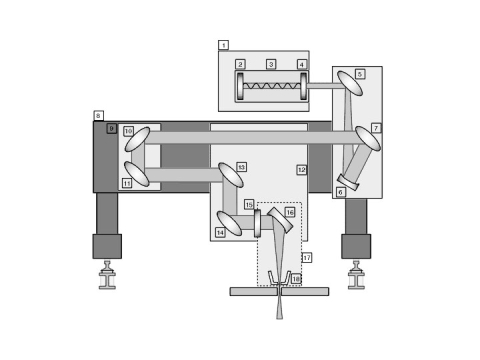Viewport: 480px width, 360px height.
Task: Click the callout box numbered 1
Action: pyautogui.click(x=223, y=45)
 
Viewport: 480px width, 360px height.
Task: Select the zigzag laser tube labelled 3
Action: pyautogui.click(x=271, y=86)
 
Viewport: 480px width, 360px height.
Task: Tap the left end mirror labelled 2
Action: pyautogui.click(x=240, y=86)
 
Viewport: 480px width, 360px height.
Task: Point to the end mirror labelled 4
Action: pyautogui.click(x=301, y=86)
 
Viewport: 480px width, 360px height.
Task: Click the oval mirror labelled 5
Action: pyautogui.click(x=349, y=81)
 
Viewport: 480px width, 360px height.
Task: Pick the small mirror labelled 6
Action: pyautogui.click(x=349, y=181)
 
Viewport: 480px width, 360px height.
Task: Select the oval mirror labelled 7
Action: pyautogui.click(x=367, y=138)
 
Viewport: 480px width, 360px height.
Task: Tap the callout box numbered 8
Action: pyautogui.click(x=98, y=116)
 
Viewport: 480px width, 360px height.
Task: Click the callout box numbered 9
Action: pyautogui.click(x=112, y=129)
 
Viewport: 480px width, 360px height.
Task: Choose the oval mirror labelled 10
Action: pyautogui.click(x=138, y=139)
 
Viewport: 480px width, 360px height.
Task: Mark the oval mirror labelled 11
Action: pyautogui.click(x=137, y=175)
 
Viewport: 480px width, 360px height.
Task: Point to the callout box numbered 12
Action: pyautogui.click(x=301, y=170)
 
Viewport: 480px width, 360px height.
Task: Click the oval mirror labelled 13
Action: pyautogui.click(x=229, y=174)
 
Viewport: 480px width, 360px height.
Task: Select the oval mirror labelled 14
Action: pyautogui.click(x=230, y=224)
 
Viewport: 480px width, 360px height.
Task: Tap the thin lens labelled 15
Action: pyautogui.click(x=256, y=218)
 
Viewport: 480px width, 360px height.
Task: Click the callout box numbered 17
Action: pyautogui.click(x=306, y=257)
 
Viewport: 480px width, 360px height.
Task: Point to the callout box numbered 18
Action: pyautogui.click(x=296, y=279)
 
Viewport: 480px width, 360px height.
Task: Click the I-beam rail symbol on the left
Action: pyautogui.click(x=107, y=276)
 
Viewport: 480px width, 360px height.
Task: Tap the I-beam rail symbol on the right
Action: pyautogui.click(x=355, y=276)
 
